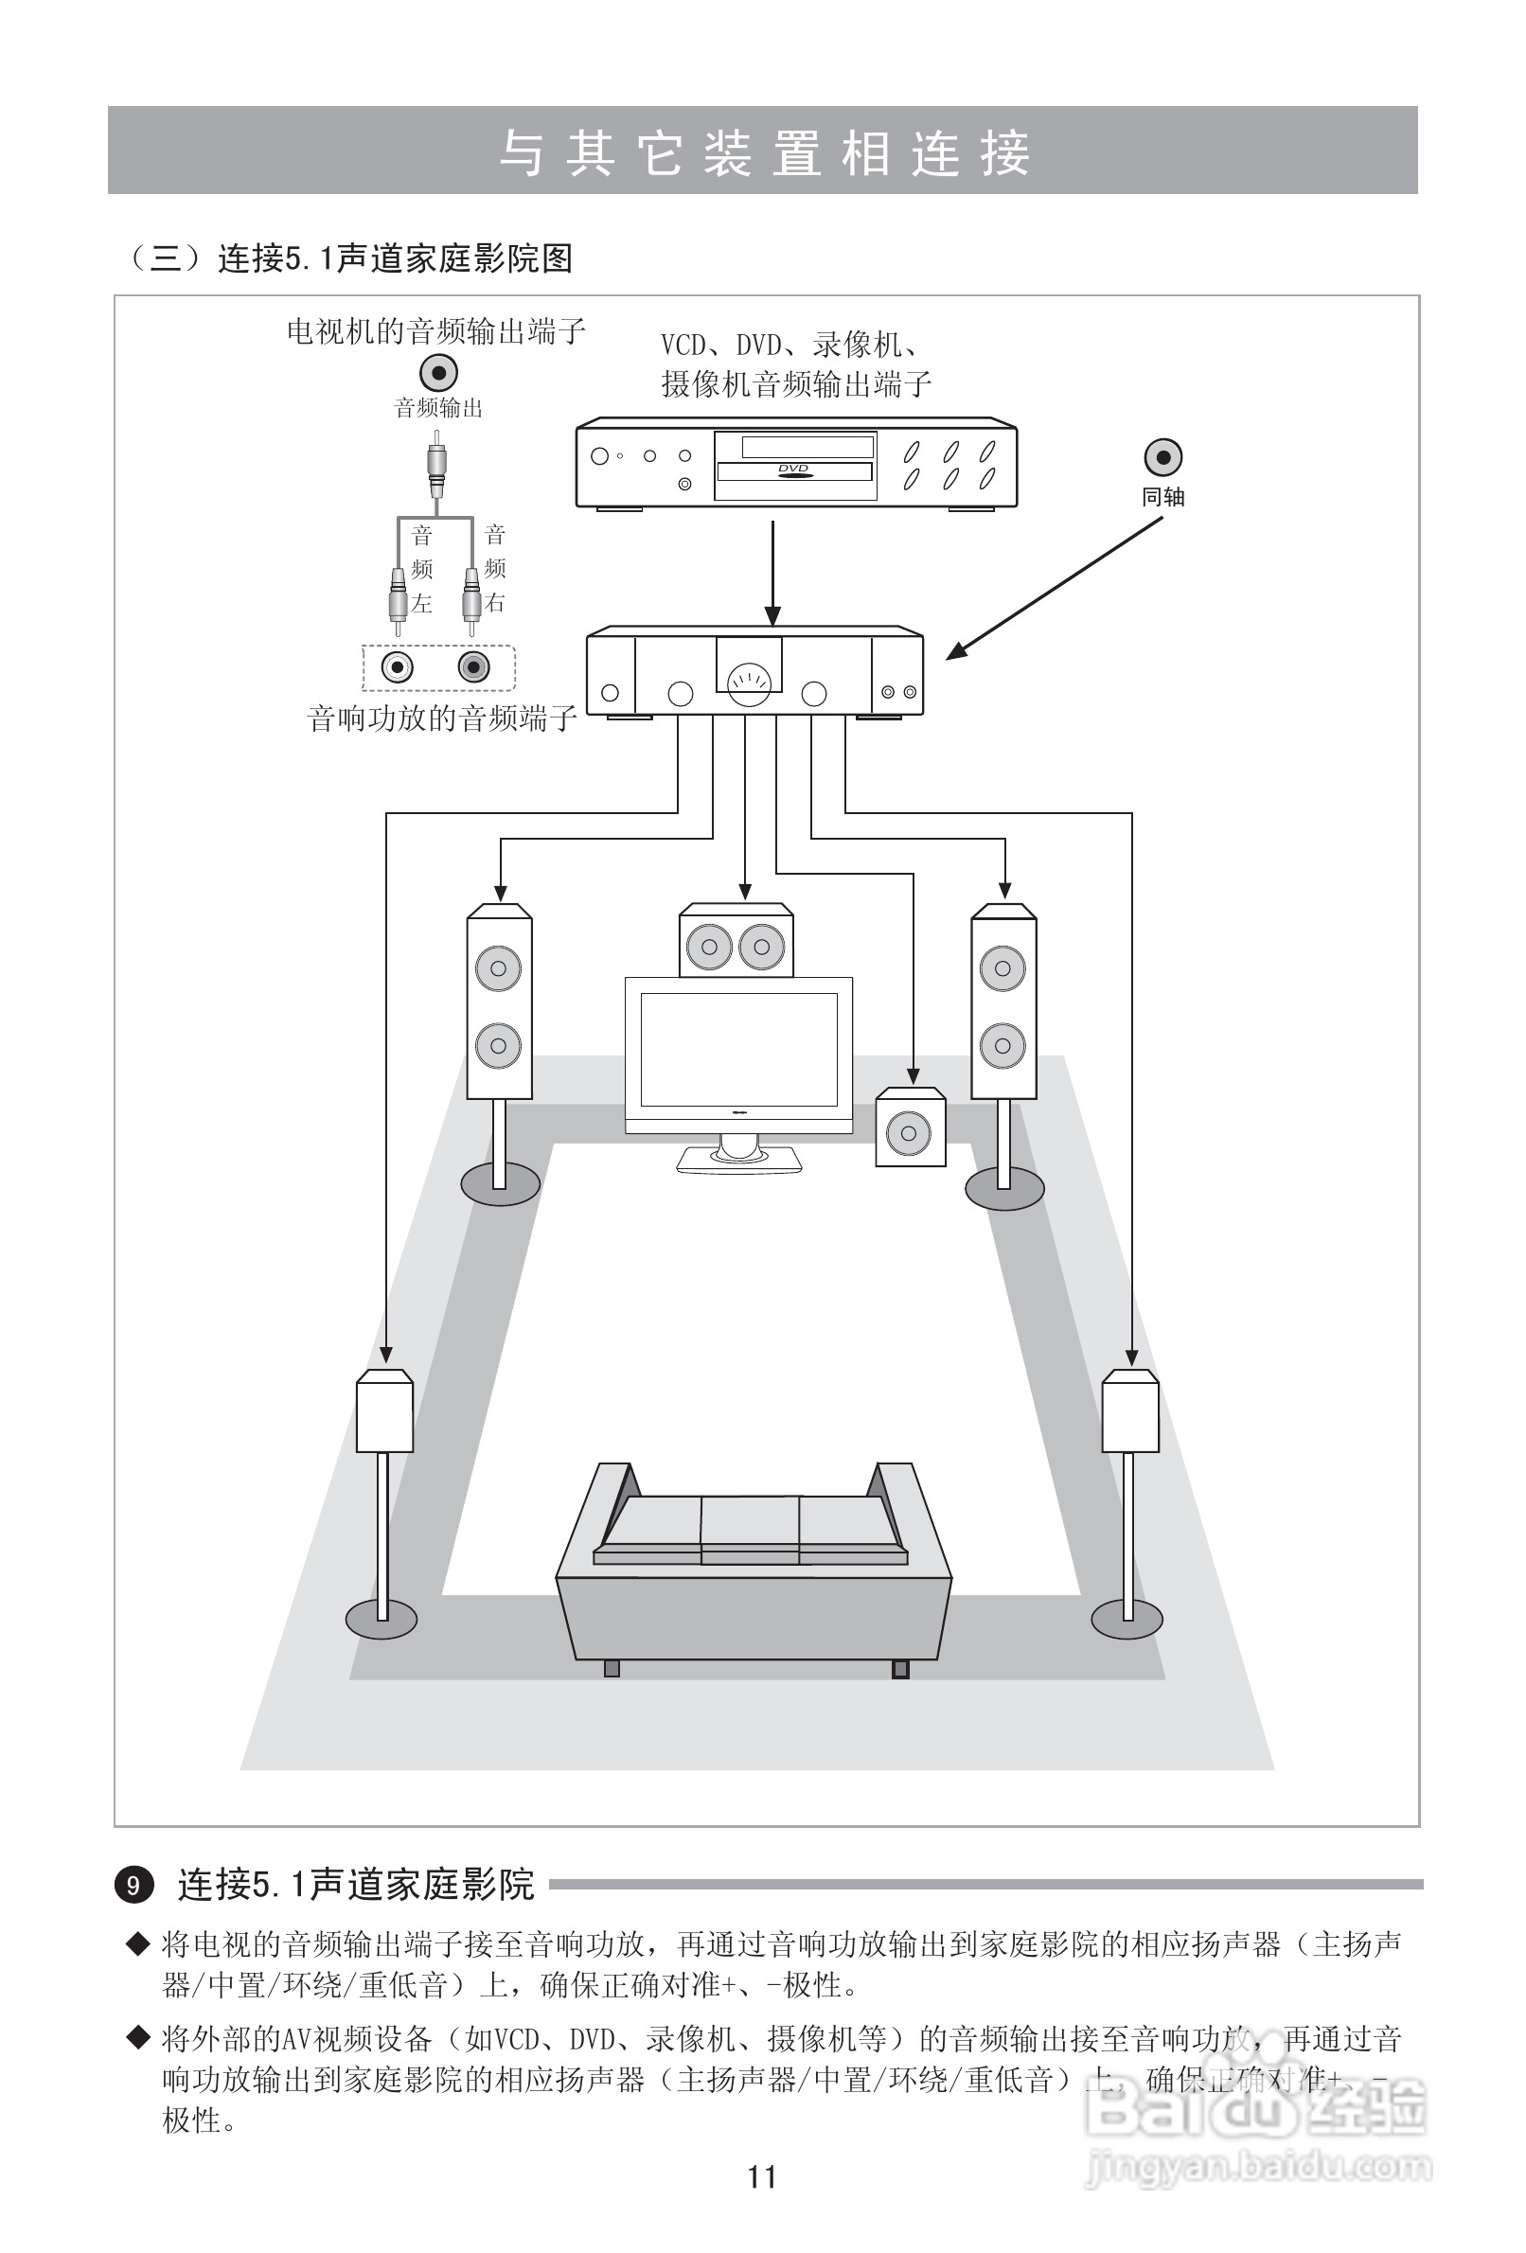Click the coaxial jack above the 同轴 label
pyautogui.click(x=1162, y=456)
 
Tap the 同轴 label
pyautogui.click(x=1162, y=497)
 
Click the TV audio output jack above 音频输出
pyautogui.click(x=438, y=372)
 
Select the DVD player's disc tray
pyautogui.click(x=794, y=471)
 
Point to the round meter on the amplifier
pyautogui.click(x=749, y=683)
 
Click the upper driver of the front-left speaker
pyautogui.click(x=498, y=967)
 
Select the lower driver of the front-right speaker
pyautogui.click(x=1003, y=1046)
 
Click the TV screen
pyautogui.click(x=738, y=1049)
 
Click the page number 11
pyautogui.click(x=762, y=2176)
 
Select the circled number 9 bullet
pyautogui.click(x=133, y=1886)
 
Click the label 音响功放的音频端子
pyautogui.click(x=442, y=718)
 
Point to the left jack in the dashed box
pyautogui.click(x=398, y=667)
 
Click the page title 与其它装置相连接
pyautogui.click(x=763, y=152)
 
